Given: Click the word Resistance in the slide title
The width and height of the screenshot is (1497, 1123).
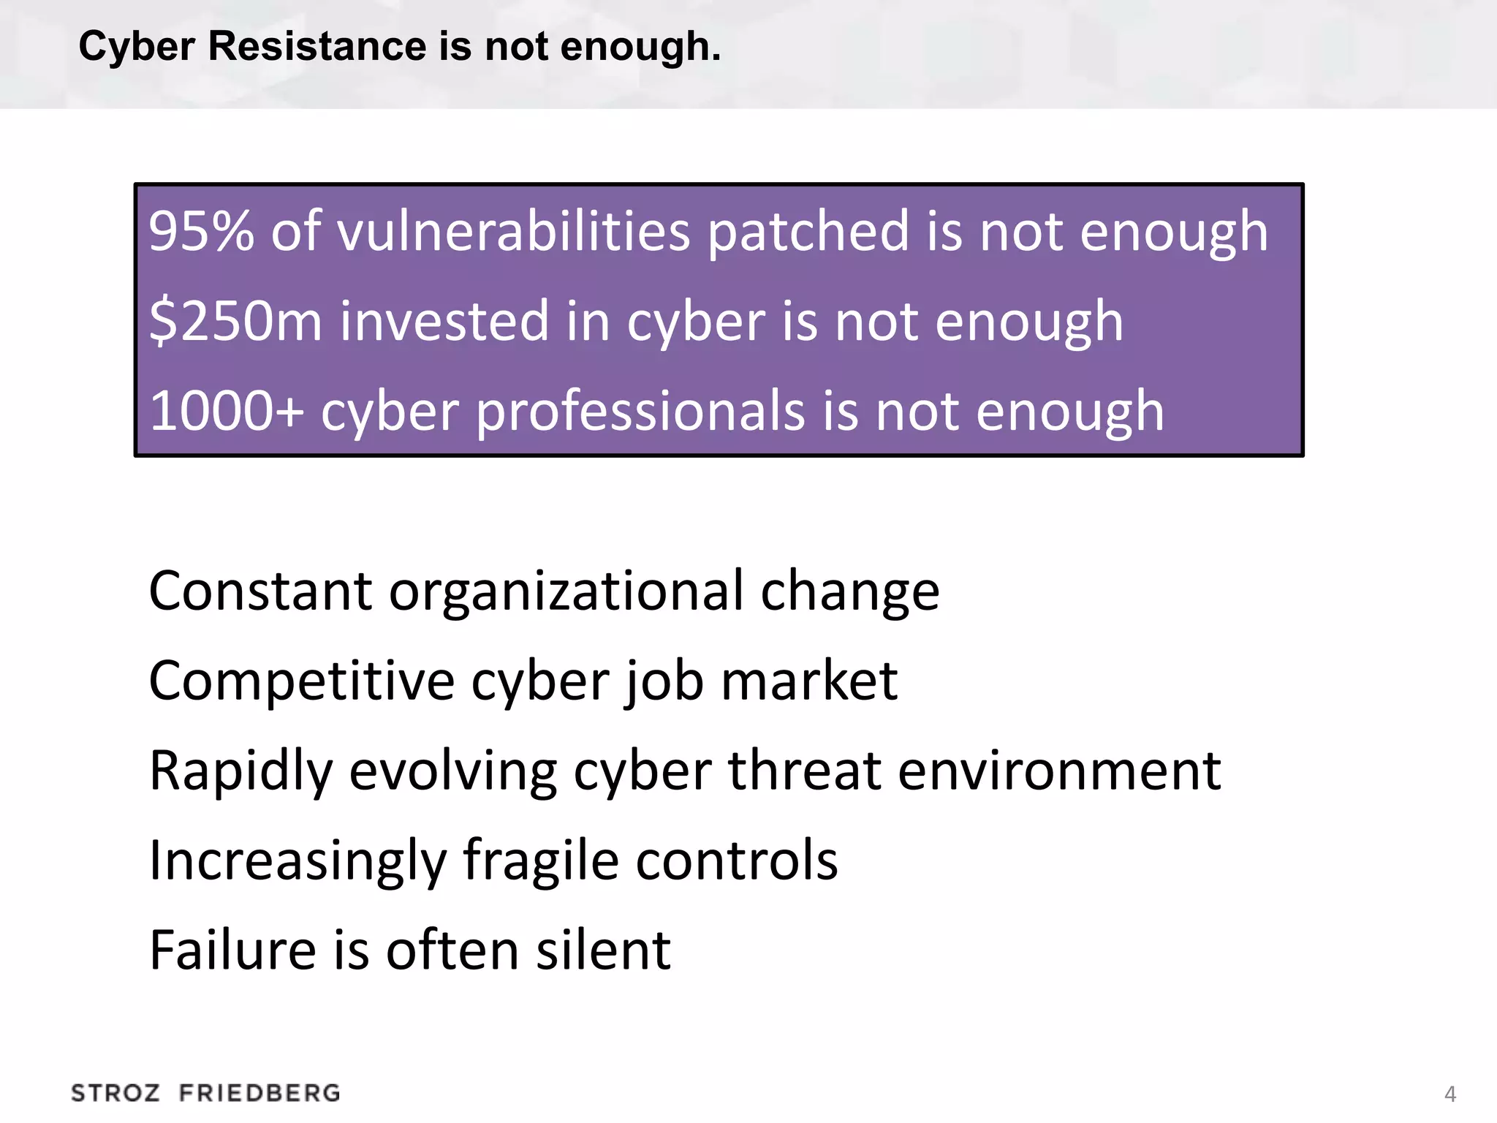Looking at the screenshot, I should [317, 46].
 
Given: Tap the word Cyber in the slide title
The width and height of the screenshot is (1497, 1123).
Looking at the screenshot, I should [137, 46].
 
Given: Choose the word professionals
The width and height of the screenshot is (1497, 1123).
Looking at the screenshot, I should [640, 412].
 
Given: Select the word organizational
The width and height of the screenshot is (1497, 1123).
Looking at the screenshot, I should [566, 592].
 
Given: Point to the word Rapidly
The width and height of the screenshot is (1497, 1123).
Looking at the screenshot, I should [241, 772].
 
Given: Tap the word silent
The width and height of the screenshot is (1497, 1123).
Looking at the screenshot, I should [603, 950].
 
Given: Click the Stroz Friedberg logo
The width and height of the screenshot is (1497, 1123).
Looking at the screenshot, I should [205, 1093].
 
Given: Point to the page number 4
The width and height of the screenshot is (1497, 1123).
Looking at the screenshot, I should [1450, 1094].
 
